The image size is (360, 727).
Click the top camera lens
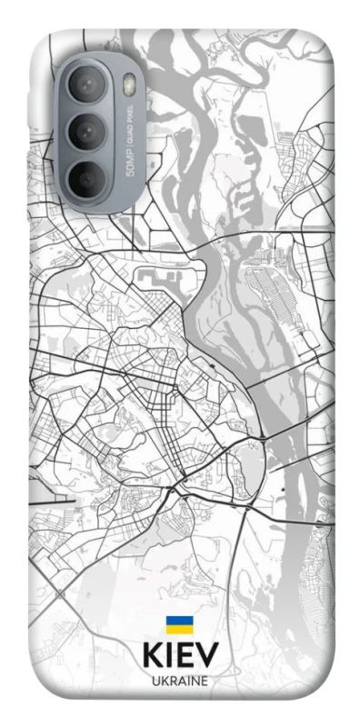tap(87, 88)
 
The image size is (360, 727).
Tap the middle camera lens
tap(87, 133)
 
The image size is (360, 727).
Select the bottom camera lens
tap(87, 177)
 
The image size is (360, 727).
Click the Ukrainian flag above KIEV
tap(179, 625)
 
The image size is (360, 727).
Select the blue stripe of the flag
tap(179, 622)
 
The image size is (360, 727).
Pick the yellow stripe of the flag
tap(179, 630)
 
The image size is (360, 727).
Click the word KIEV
tap(180, 657)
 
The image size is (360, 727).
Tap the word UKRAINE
tap(180, 681)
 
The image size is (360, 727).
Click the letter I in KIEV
tap(170, 657)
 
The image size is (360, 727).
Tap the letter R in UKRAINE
tap(172, 681)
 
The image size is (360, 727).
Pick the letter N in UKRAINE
tap(195, 681)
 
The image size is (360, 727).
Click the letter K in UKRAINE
tap(164, 681)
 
